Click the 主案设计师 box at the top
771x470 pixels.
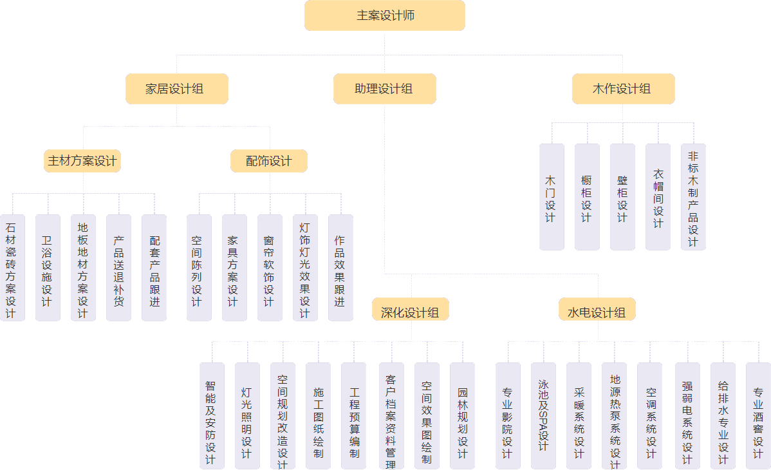385,15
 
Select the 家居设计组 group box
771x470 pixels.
177,89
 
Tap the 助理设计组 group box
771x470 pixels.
385,89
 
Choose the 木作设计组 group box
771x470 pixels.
623,89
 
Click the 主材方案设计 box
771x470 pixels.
82,161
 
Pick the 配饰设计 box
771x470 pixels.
269,161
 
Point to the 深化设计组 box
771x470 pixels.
410,312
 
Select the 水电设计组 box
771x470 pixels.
597,312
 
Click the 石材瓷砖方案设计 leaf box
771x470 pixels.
12,268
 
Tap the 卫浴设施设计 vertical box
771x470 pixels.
48,268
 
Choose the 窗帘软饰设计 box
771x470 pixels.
270,268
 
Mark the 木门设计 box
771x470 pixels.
552,197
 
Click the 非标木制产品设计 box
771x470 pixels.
693,197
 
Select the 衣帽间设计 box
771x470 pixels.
658,197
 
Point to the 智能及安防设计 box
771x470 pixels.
212,416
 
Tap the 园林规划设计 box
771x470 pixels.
462,416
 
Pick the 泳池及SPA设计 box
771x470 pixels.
543,416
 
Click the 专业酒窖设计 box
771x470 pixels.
758,416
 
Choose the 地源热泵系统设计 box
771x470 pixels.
614,416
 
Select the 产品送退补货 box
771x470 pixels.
118,268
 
